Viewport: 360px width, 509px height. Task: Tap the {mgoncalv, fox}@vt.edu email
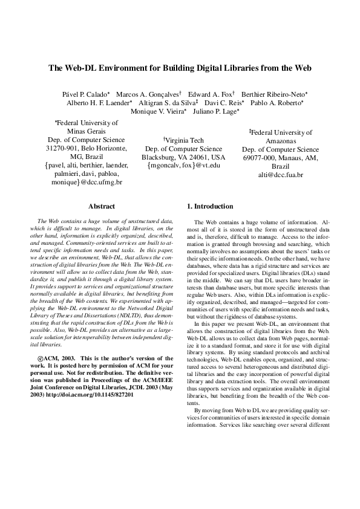click(x=181, y=164)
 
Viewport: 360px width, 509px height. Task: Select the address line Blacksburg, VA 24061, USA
click(x=181, y=156)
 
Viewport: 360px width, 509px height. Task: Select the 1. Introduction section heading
click(x=210, y=206)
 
